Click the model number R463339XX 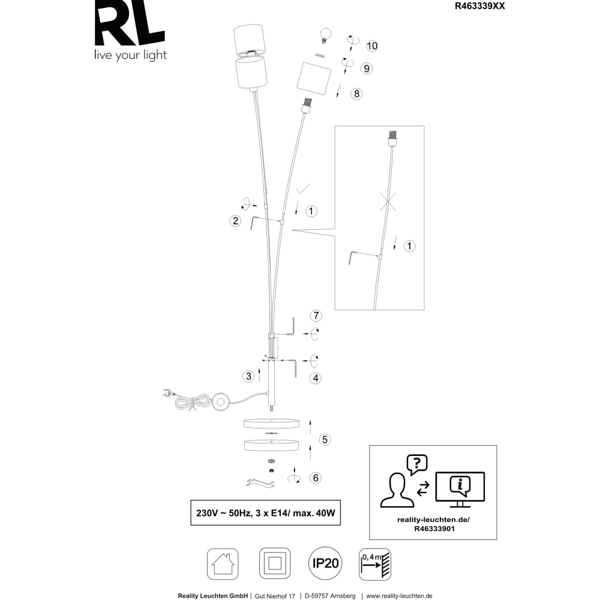479,6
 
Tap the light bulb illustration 325,35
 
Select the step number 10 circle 372,46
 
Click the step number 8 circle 356,94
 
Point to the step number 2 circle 235,221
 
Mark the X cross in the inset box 388,201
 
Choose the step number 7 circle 316,316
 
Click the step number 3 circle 249,376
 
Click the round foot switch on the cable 220,402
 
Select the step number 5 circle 325,440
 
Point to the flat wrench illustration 260,483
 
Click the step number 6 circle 316,478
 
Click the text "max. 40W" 314,513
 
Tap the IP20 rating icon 325,563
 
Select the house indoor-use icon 223,564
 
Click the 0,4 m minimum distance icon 375,564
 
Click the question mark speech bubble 417,464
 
